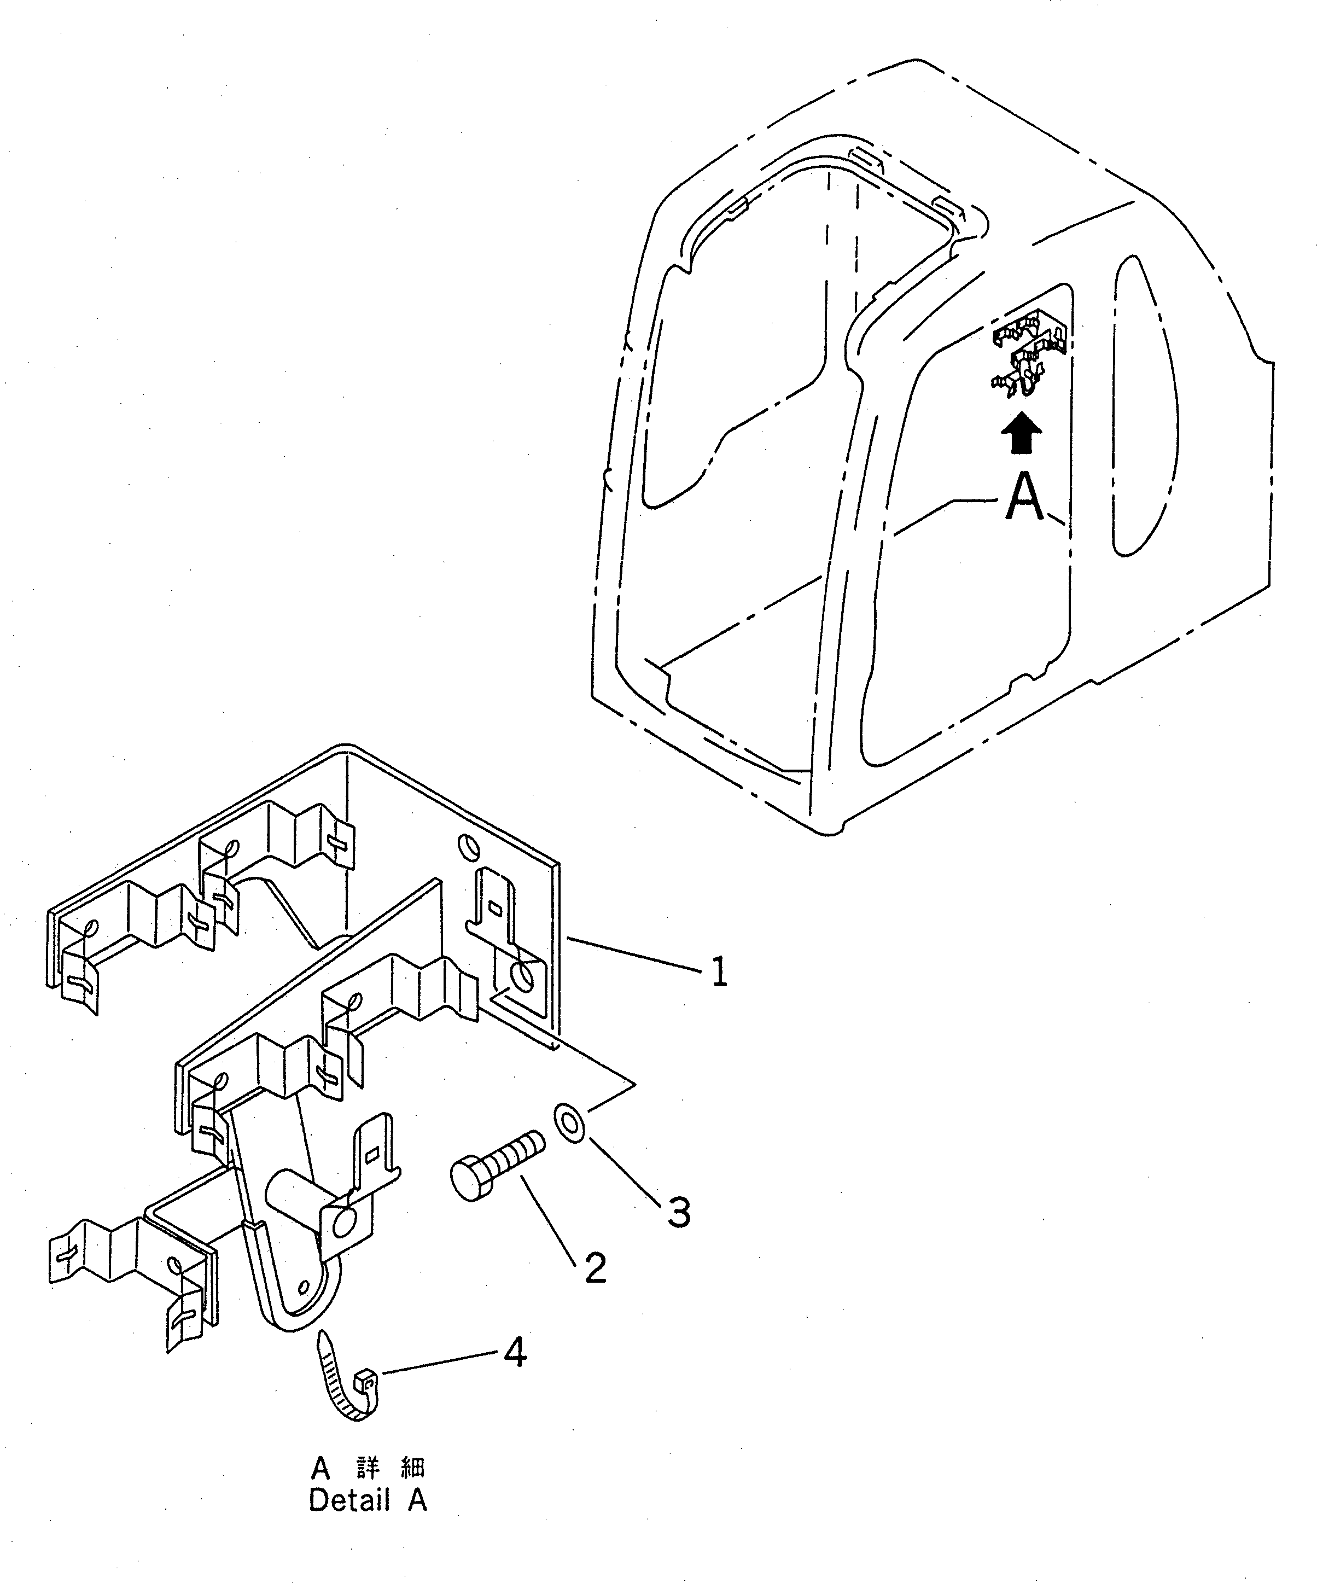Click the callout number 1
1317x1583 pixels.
coord(719,971)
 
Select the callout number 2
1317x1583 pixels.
coord(595,1268)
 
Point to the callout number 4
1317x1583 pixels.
coord(515,1354)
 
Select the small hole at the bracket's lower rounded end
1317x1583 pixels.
coord(305,1285)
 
